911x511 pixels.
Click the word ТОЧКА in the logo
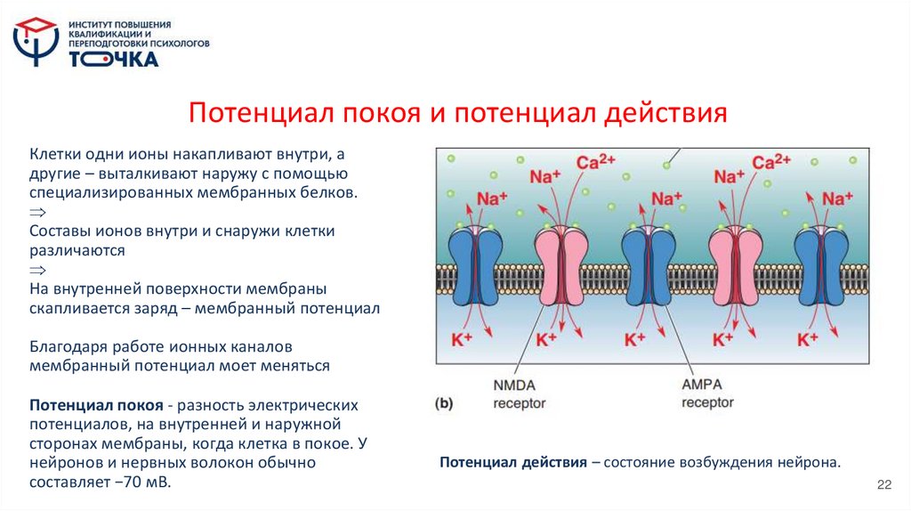point(115,60)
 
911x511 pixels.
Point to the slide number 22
point(883,483)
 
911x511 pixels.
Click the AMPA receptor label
point(708,393)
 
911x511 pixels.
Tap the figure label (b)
point(444,402)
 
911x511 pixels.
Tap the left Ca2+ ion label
point(596,163)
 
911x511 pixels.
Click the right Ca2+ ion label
point(771,163)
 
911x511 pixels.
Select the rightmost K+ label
point(807,339)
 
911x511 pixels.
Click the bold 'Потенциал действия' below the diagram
point(512,464)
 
